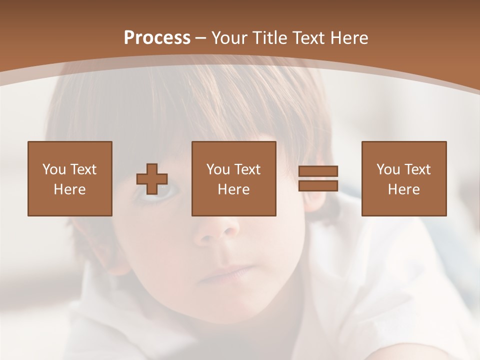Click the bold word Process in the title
(x=157, y=38)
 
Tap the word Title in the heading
(x=269, y=38)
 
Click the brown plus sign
(x=152, y=179)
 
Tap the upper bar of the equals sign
(x=318, y=171)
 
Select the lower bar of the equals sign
(x=318, y=186)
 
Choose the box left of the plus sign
(x=69, y=178)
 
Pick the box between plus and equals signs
(x=233, y=178)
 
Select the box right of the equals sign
(x=403, y=178)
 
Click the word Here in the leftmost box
(x=69, y=189)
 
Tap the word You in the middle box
(x=218, y=169)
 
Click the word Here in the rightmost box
(x=403, y=189)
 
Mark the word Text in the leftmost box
(x=83, y=169)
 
